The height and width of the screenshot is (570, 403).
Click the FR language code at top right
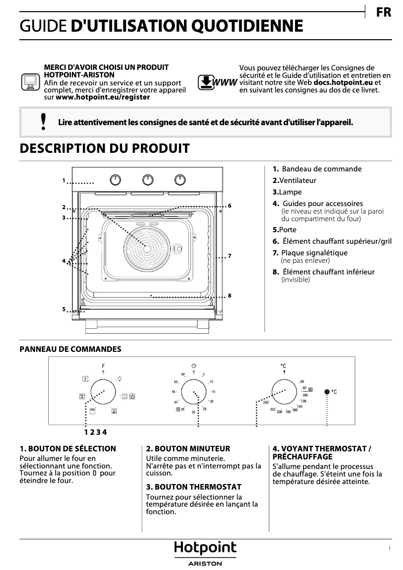tap(383, 13)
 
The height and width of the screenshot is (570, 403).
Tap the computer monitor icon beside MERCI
tap(30, 81)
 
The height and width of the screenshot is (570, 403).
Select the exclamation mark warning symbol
tap(44, 122)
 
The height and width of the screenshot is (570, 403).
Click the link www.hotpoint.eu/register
tap(103, 98)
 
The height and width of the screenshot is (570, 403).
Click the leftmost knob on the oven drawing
tap(116, 180)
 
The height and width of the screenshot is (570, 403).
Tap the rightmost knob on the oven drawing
tap(179, 180)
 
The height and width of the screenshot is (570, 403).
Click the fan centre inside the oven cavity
tap(147, 248)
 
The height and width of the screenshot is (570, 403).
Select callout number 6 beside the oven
tap(229, 206)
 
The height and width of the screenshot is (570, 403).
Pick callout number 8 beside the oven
tap(229, 296)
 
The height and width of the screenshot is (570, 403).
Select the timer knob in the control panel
tap(194, 392)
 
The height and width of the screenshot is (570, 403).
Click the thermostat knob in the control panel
tap(284, 392)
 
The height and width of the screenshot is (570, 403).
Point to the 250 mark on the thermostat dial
tap(266, 403)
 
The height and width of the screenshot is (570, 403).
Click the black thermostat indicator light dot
tap(327, 392)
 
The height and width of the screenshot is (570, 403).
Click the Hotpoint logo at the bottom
tap(205, 548)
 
